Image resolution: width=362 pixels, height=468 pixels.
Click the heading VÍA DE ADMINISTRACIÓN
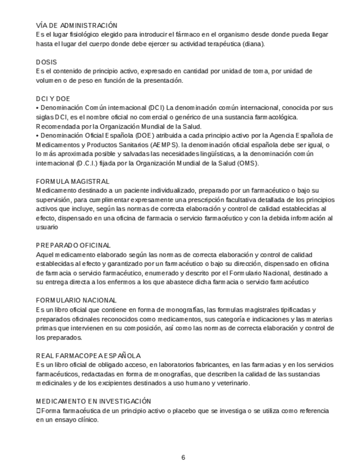[77, 25]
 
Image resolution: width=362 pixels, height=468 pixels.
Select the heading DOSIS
[46, 62]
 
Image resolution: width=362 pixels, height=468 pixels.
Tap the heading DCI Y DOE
[53, 99]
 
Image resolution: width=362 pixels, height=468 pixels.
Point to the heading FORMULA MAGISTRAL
[73, 181]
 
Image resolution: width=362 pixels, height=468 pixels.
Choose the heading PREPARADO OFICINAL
[74, 245]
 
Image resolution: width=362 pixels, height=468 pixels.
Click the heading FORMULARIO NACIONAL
[76, 300]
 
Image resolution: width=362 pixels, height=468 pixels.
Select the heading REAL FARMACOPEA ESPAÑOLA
[88, 355]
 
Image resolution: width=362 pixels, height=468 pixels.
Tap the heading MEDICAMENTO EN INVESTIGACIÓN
[93, 401]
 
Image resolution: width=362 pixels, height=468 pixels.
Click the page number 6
[183, 458]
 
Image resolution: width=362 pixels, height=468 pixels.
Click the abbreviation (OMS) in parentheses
[248, 163]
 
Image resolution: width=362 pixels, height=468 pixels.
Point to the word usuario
[47, 227]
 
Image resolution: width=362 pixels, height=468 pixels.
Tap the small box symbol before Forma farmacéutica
[38, 411]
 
